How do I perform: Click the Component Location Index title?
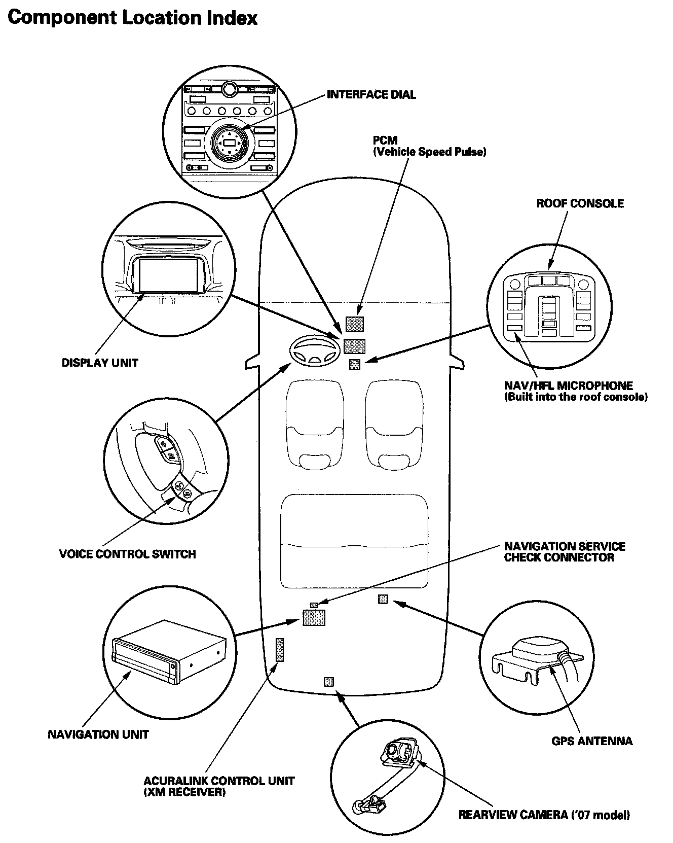pyautogui.click(x=133, y=18)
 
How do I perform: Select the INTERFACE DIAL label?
pyautogui.click(x=371, y=94)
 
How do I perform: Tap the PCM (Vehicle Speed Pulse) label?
pyautogui.click(x=429, y=146)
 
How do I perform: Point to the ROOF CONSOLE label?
pyautogui.click(x=580, y=203)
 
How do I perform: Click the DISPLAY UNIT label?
pyautogui.click(x=100, y=363)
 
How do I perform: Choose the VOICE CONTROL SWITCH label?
pyautogui.click(x=127, y=554)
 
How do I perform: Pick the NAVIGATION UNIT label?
pyautogui.click(x=98, y=734)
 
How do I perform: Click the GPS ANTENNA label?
pyautogui.click(x=591, y=741)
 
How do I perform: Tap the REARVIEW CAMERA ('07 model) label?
pyautogui.click(x=544, y=815)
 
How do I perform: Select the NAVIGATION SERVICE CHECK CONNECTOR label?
pyautogui.click(x=565, y=552)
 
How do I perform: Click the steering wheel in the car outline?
pyautogui.click(x=314, y=350)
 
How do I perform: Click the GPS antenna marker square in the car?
pyautogui.click(x=383, y=599)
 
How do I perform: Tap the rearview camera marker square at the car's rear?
pyautogui.click(x=328, y=681)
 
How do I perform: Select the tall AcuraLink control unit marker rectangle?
pyautogui.click(x=280, y=649)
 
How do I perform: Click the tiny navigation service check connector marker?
pyautogui.click(x=314, y=605)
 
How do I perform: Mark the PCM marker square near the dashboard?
pyautogui.click(x=354, y=324)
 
